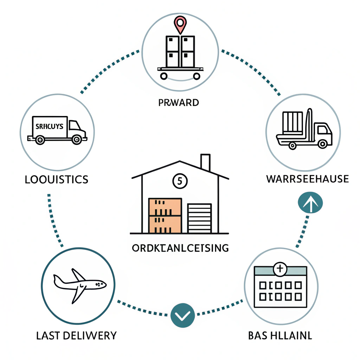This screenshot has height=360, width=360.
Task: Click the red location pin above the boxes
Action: coord(180,24)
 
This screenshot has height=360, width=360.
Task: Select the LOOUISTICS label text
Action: coord(56,180)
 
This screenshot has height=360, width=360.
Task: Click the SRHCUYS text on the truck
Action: coord(49,126)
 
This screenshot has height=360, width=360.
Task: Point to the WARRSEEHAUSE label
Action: coord(307,179)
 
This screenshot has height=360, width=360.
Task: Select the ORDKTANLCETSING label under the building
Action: coord(180,248)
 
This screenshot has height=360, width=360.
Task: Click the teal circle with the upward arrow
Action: coord(310,203)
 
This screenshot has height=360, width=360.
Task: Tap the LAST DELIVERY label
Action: coord(76,335)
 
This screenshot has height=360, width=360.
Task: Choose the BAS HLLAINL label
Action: coord(280,335)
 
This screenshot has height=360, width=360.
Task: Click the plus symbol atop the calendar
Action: coord(280,270)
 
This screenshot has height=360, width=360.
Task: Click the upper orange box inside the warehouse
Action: coord(165,207)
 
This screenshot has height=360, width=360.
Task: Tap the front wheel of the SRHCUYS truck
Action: coord(76,140)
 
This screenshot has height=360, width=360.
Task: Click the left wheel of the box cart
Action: coord(164,75)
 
